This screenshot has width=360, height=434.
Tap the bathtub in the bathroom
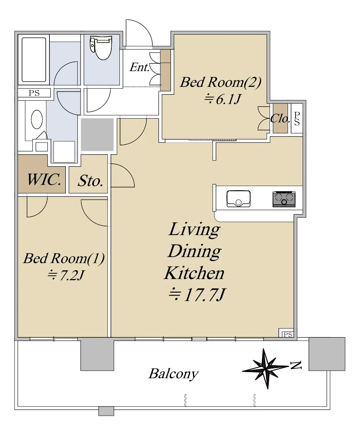(34, 60)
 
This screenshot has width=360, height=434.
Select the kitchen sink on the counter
(238, 199)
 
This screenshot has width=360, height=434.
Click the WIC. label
(44, 179)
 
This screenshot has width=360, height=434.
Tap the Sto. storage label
(90, 181)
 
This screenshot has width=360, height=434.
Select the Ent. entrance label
(140, 67)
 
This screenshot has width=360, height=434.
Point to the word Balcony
(174, 374)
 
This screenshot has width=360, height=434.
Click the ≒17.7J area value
(197, 295)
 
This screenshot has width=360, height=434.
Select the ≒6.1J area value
(223, 99)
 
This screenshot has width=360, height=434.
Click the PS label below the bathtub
(34, 93)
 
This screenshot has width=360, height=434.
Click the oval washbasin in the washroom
(37, 119)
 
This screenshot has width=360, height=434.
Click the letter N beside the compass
(296, 366)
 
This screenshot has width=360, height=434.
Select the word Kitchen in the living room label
(194, 273)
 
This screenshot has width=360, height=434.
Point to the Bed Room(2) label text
(220, 82)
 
